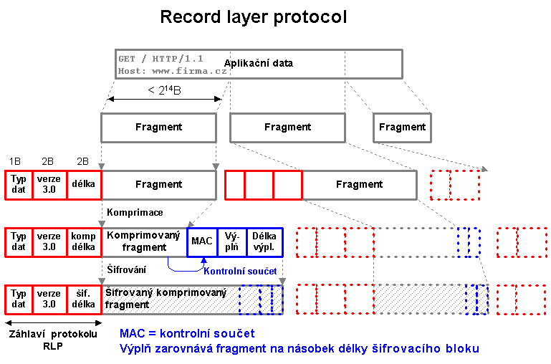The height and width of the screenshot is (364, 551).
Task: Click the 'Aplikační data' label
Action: coord(259,63)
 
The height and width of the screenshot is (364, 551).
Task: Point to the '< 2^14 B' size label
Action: coord(164,90)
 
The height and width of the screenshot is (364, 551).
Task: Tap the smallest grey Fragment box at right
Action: coord(402,127)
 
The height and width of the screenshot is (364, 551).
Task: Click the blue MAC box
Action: coord(202,241)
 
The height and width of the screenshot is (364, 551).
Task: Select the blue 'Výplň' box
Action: coord(232,241)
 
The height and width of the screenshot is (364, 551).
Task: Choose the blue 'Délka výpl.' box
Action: coord(264,241)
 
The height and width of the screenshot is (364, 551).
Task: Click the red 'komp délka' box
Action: coord(83,241)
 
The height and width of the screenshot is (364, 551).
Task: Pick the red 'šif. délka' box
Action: coord(83,298)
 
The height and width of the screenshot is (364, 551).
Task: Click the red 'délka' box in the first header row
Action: coord(83,184)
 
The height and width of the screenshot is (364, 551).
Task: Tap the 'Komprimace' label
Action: coord(135,213)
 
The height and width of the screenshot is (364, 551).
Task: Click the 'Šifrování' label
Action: coord(126,269)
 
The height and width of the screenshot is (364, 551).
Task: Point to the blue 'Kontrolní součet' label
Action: coord(236,271)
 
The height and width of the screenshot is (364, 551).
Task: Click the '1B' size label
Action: coord(16,161)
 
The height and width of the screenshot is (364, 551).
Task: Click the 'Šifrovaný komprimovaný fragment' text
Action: coord(166,298)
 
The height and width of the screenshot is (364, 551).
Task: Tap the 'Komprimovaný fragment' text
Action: coord(141,241)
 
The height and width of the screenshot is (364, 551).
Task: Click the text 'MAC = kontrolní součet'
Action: coord(186,333)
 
